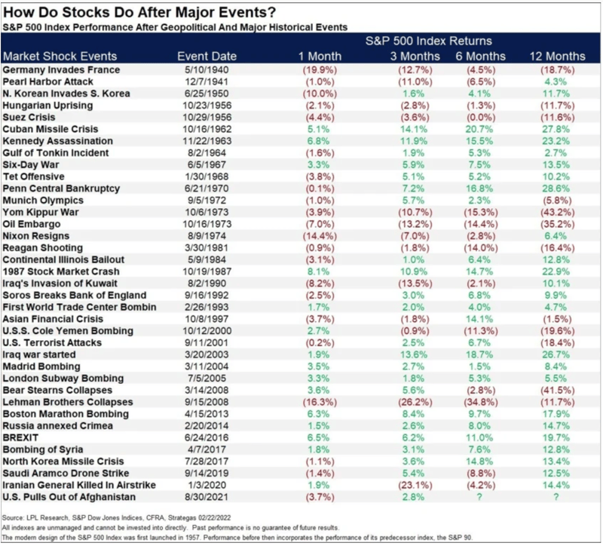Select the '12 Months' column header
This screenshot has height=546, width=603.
[x=555, y=56]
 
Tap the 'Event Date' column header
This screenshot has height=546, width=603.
[x=207, y=56]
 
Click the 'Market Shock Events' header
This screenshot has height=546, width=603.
[x=60, y=56]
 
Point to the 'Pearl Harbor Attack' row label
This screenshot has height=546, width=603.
[x=49, y=81]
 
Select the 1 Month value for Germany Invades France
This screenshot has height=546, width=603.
[x=316, y=69]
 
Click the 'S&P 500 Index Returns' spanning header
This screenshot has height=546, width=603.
[x=429, y=40]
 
